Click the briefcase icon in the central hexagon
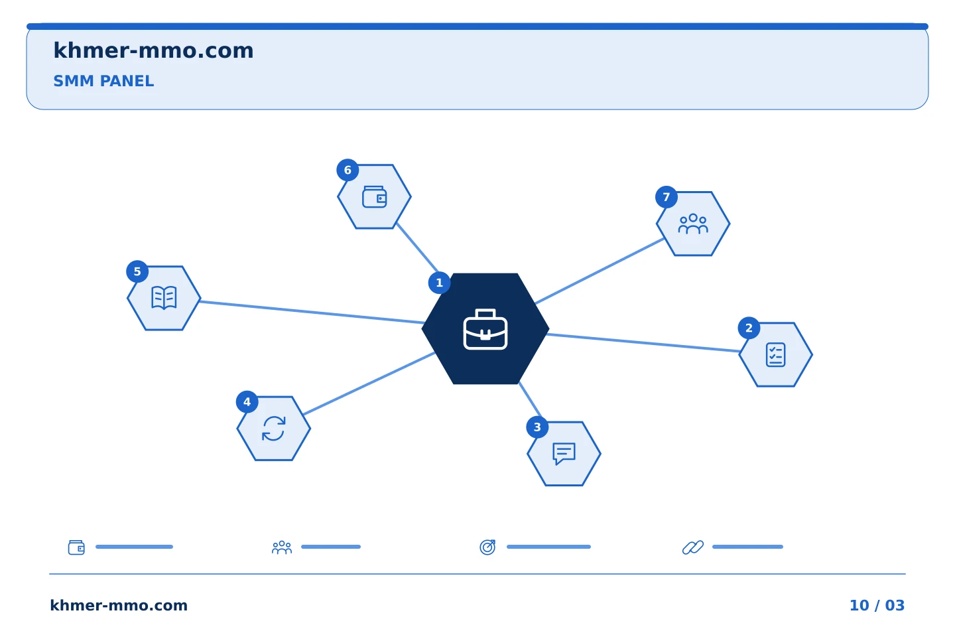pyautogui.click(x=485, y=329)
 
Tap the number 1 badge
pyautogui.click(x=439, y=283)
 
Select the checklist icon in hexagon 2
pyautogui.click(x=775, y=354)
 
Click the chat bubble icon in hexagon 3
pyautogui.click(x=564, y=454)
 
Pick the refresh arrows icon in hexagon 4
pyautogui.click(x=273, y=429)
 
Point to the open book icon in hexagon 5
pyautogui.click(x=164, y=297)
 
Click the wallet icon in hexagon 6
pyautogui.click(x=374, y=196)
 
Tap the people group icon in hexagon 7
pyautogui.click(x=693, y=224)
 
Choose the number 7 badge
pyautogui.click(x=667, y=197)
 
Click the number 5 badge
pyautogui.click(x=137, y=271)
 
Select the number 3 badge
pyautogui.click(x=537, y=427)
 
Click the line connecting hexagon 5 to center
pyautogui.click(x=312, y=313)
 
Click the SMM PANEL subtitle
pyautogui.click(x=103, y=81)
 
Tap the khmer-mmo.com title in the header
pyautogui.click(x=153, y=50)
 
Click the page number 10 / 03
pyautogui.click(x=877, y=605)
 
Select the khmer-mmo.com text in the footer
pyautogui.click(x=119, y=605)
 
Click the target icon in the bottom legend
pyautogui.click(x=487, y=547)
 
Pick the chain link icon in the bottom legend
pyautogui.click(x=693, y=547)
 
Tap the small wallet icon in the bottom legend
pyautogui.click(x=76, y=547)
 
